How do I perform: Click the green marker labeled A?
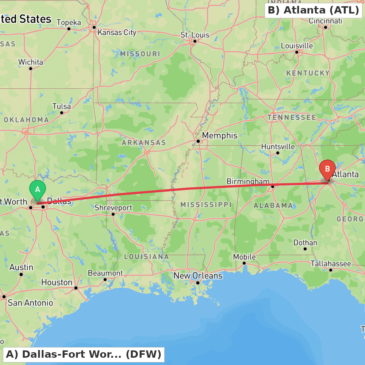(37, 189)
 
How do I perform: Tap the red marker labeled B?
(327, 169)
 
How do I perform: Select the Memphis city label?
(219, 135)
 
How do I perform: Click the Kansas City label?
(117, 32)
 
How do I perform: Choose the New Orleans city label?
(198, 276)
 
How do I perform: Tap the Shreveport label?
(113, 208)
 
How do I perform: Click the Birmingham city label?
(248, 181)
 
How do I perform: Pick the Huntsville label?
(278, 146)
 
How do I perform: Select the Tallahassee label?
(331, 264)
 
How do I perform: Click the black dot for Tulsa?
(62, 112)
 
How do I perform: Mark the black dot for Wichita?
(31, 68)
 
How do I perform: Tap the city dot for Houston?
(76, 288)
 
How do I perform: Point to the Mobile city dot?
(244, 263)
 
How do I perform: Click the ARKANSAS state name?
(144, 142)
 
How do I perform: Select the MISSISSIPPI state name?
(206, 204)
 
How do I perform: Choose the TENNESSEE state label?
(292, 118)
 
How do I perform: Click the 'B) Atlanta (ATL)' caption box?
(313, 10)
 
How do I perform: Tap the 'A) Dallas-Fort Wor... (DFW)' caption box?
(84, 354)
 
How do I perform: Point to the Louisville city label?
(297, 46)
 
